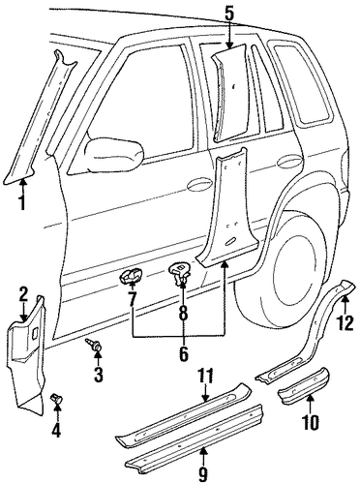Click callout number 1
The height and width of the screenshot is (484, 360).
22,201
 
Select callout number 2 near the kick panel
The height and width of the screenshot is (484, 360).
22,295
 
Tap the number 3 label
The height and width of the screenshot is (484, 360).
98,374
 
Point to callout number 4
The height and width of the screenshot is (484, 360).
57,429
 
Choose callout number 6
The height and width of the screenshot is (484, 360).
183,353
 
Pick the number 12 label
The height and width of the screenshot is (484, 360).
132,298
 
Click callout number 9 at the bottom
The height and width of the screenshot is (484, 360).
183,312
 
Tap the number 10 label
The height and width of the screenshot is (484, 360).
203,473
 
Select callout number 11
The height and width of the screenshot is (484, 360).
311,421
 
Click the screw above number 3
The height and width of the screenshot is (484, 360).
205,377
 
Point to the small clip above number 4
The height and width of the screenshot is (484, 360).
345,322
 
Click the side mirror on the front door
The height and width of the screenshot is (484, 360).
114,154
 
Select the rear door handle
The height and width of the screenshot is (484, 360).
288,161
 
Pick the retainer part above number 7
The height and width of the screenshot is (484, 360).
132,277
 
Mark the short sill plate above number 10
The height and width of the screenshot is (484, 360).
303,384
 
